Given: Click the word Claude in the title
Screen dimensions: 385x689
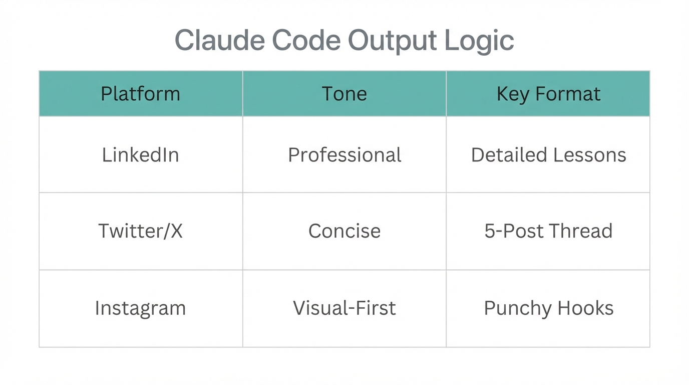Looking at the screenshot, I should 219,40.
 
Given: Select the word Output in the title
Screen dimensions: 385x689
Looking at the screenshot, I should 392,40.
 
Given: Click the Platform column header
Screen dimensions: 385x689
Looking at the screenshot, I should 140,94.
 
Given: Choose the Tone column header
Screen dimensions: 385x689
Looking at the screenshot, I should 344,94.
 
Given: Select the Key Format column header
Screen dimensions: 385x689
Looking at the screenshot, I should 548,94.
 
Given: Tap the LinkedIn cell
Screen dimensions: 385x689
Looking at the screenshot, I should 140,155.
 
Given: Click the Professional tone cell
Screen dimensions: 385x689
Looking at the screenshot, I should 344,155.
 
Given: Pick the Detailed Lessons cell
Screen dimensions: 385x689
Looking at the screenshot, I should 548,155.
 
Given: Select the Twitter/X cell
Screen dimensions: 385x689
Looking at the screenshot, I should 140,231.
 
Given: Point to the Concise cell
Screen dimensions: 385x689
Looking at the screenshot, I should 344,231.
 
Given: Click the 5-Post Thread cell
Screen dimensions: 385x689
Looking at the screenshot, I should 548,231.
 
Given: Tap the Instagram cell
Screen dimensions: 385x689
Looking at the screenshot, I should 140,308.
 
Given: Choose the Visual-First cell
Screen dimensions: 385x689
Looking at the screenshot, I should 344,308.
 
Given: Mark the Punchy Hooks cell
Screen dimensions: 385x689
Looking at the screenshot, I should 548,308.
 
